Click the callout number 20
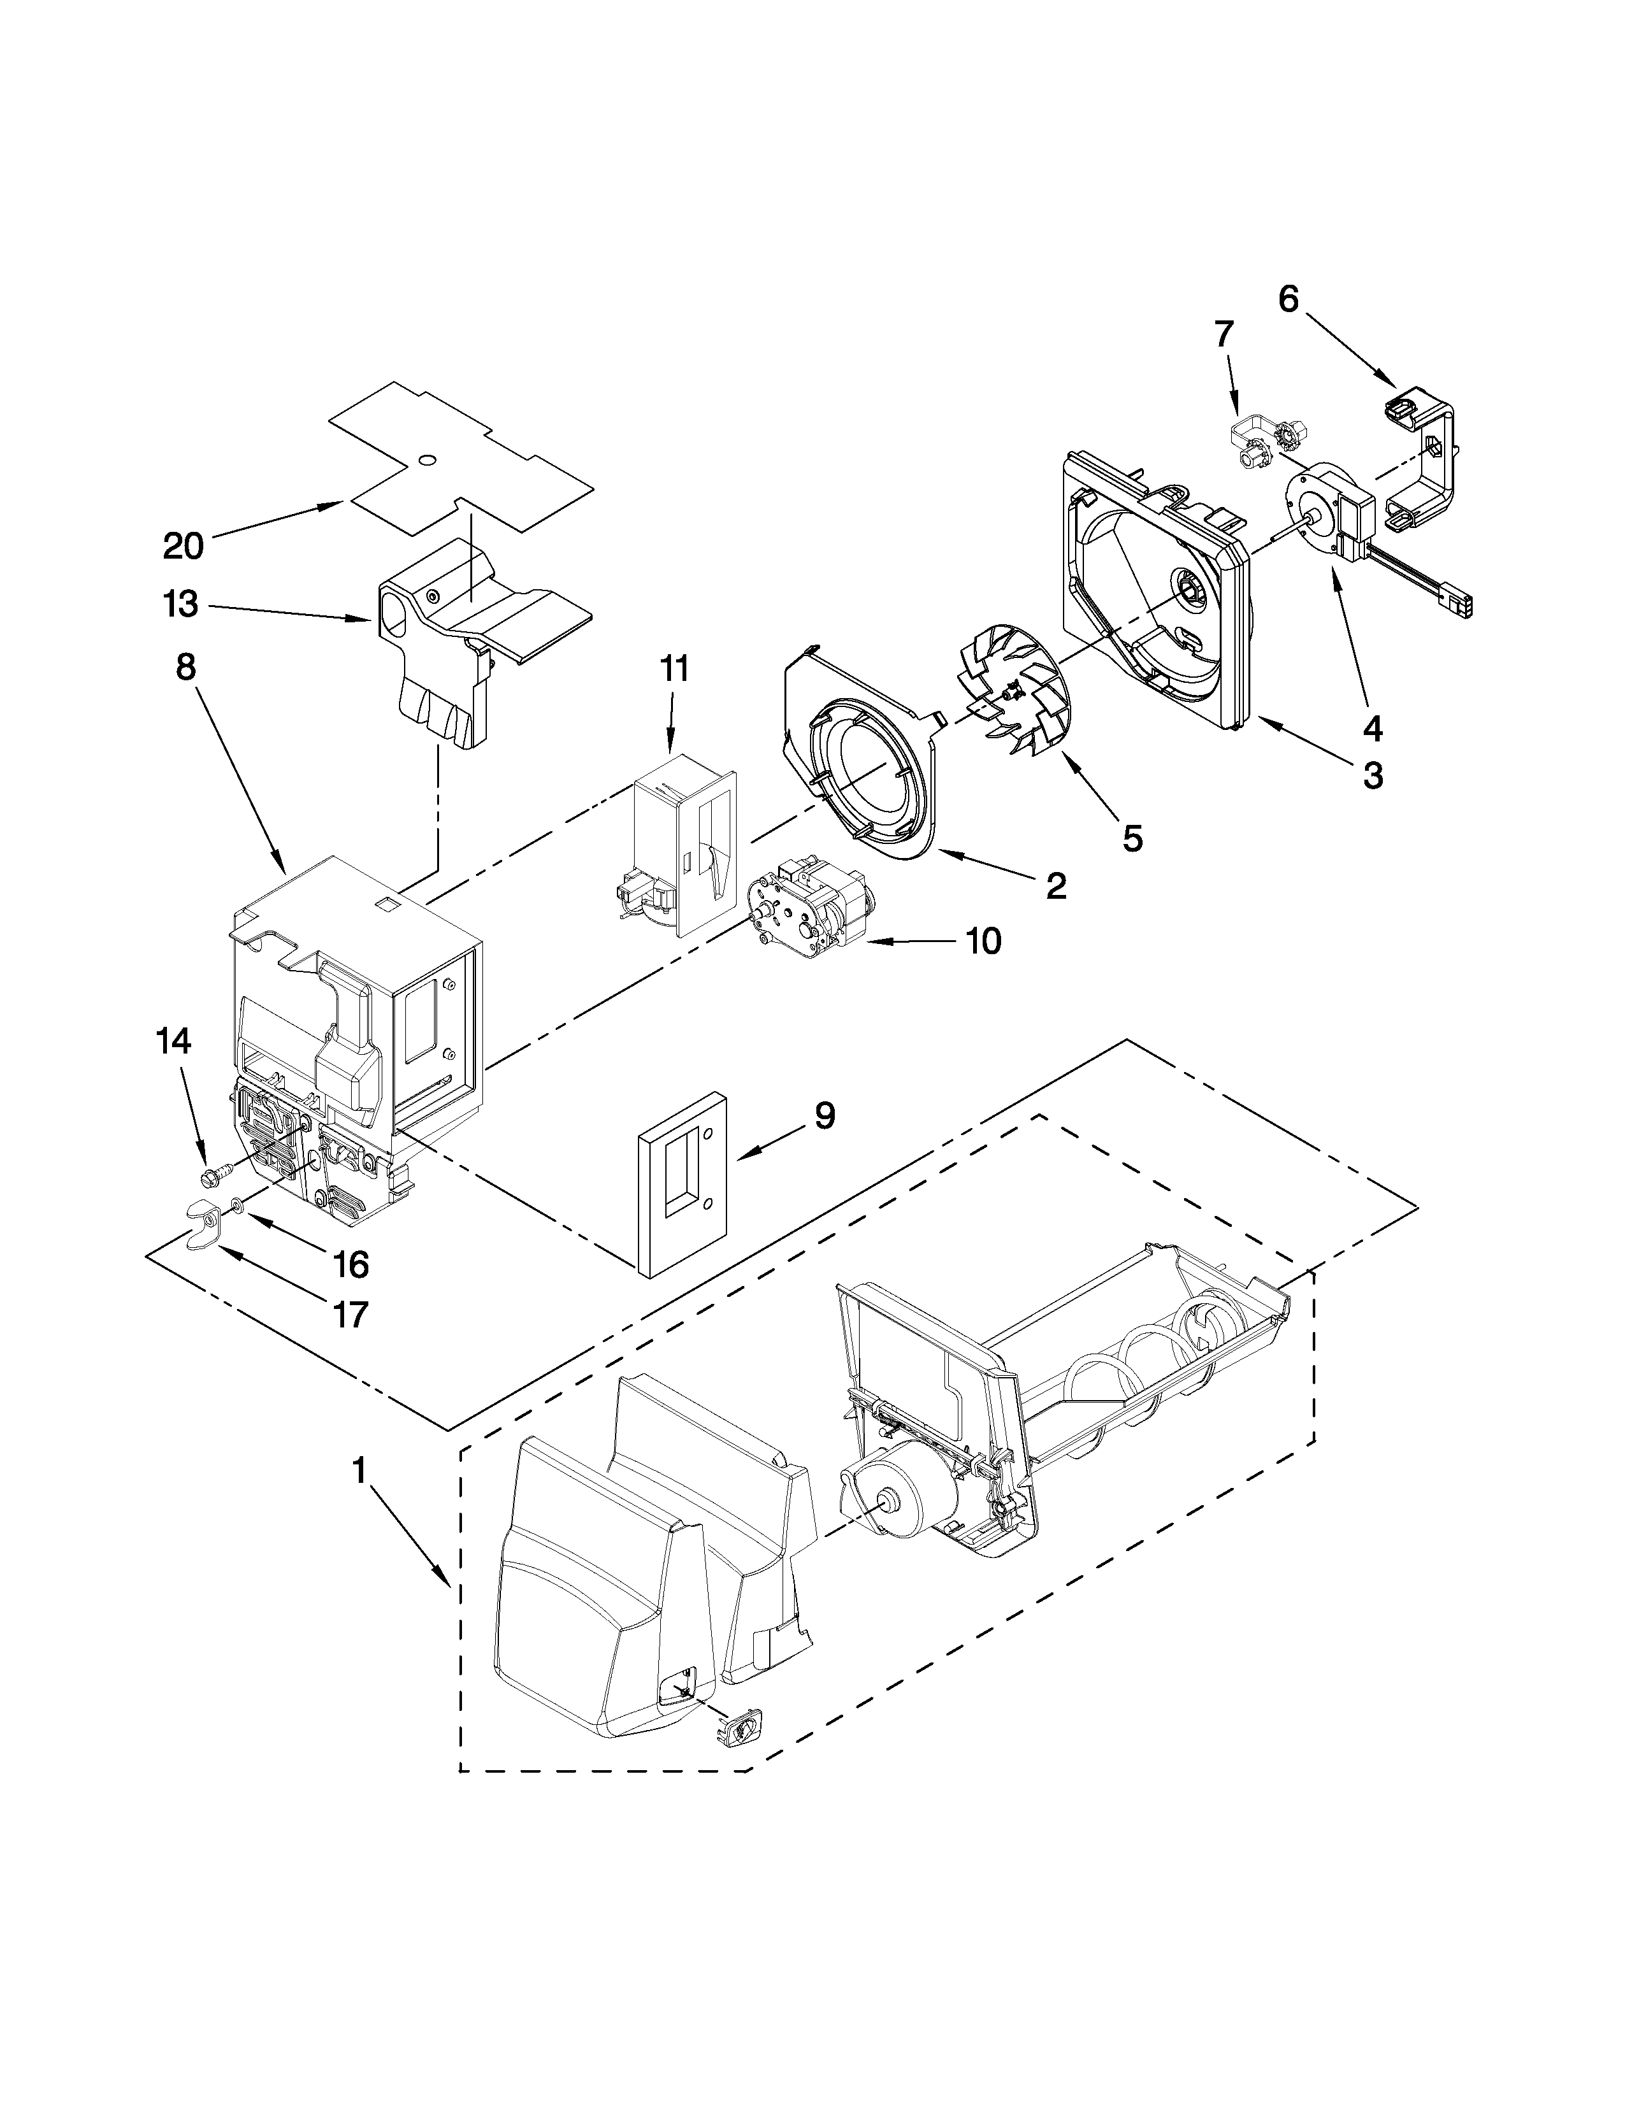coord(183,546)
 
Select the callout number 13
coord(181,604)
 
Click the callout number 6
coord(1288,299)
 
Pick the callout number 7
coord(1223,334)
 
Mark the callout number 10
coord(982,941)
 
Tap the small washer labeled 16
coord(236,1203)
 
